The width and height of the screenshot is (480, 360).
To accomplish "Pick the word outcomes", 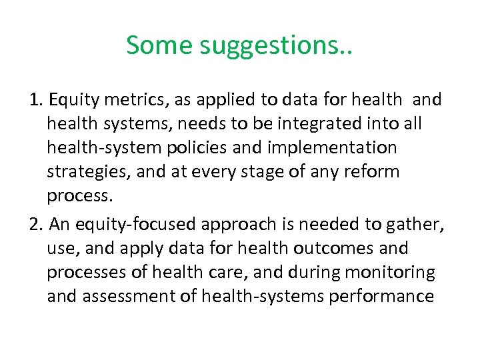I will tap(325, 249).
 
